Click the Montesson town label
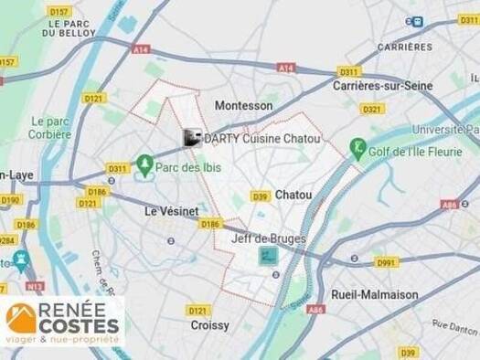(x=243, y=106)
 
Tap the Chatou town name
(x=293, y=195)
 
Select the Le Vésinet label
(x=171, y=211)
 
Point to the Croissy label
(x=209, y=324)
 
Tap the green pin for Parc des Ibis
(x=144, y=164)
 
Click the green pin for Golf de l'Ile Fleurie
(x=358, y=146)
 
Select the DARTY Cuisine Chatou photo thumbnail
(x=192, y=138)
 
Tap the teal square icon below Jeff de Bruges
(x=268, y=257)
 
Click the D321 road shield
(x=371, y=109)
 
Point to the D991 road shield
(x=387, y=262)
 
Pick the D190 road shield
(x=10, y=199)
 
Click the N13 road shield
(x=35, y=286)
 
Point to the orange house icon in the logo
(x=21, y=318)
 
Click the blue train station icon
(x=416, y=21)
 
